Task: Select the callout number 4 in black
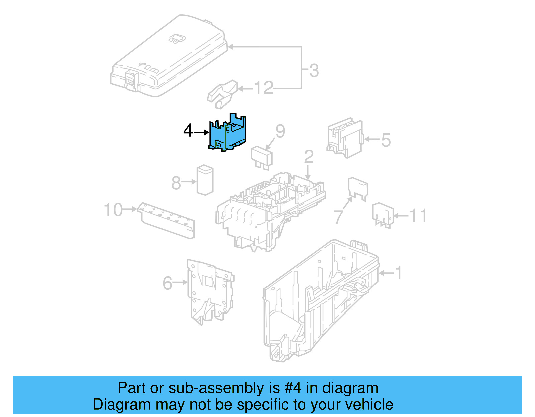pyautogui.click(x=188, y=131)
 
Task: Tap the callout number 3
pyautogui.click(x=314, y=71)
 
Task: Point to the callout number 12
pyautogui.click(x=263, y=88)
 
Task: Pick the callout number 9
pyautogui.click(x=280, y=131)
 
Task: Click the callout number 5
pyautogui.click(x=386, y=140)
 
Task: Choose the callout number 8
pyautogui.click(x=176, y=183)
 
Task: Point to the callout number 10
pyautogui.click(x=113, y=210)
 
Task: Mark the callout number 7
pyautogui.click(x=338, y=216)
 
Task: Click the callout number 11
pyautogui.click(x=418, y=216)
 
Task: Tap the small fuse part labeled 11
pyautogui.click(x=383, y=215)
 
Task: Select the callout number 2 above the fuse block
pyautogui.click(x=309, y=156)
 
